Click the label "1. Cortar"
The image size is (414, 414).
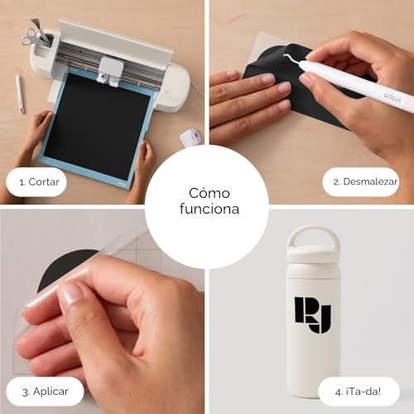pyautogui.click(x=40, y=182)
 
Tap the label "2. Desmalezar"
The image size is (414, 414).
pyautogui.click(x=365, y=181)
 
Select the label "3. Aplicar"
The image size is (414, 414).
pyautogui.click(x=46, y=392)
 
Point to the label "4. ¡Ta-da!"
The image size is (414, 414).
pyautogui.click(x=358, y=392)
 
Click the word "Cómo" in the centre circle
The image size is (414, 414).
pyautogui.click(x=209, y=193)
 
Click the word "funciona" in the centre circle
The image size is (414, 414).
pyautogui.click(x=209, y=209)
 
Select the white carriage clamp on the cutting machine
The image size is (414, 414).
pyautogui.click(x=109, y=70)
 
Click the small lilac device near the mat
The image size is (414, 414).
pyautogui.click(x=190, y=137)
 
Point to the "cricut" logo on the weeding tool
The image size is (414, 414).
pyautogui.click(x=392, y=97)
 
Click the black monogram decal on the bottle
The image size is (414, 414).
pyautogui.click(x=313, y=315)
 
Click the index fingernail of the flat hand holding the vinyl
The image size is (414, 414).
pyautogui.click(x=267, y=79)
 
